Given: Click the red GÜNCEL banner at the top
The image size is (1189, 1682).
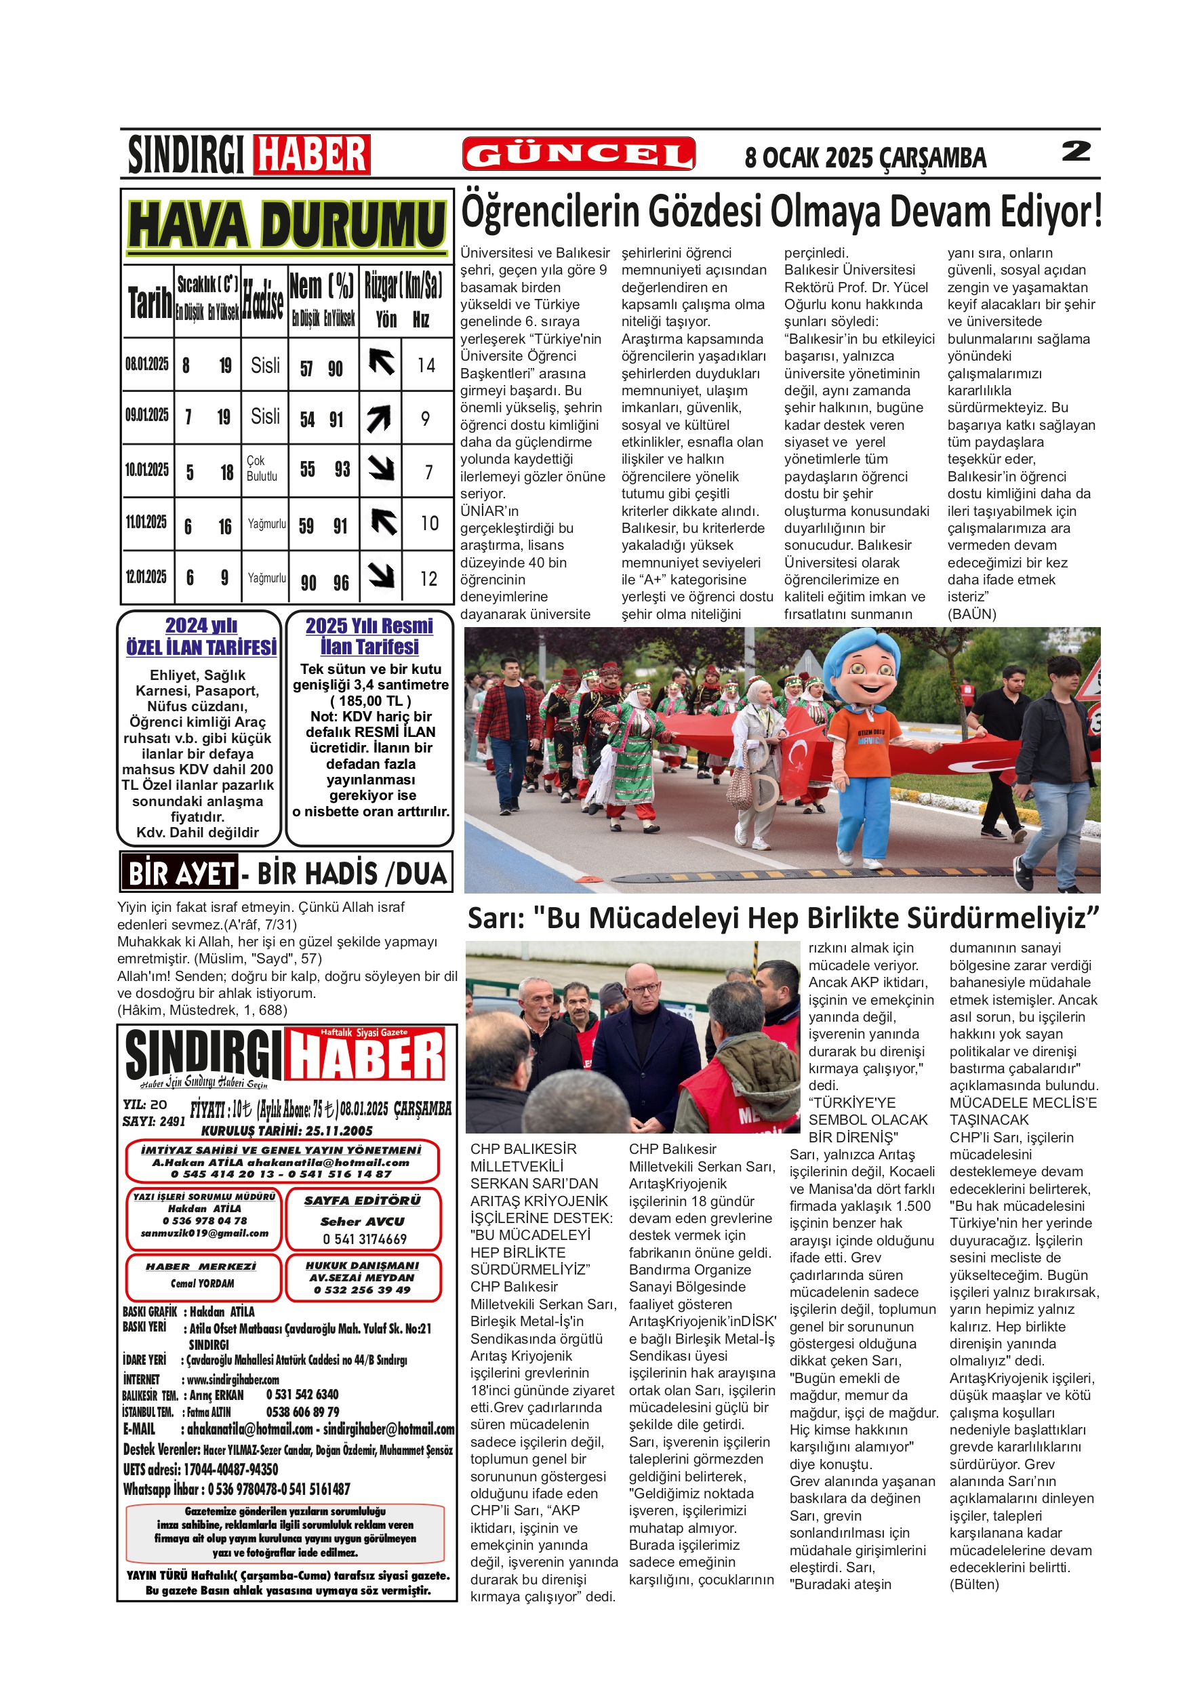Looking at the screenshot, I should (x=578, y=154).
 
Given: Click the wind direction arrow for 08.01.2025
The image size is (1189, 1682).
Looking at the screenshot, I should (x=381, y=363).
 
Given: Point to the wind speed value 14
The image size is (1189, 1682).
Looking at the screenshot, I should (x=426, y=365).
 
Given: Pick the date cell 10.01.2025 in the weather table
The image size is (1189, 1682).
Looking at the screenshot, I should (x=147, y=470).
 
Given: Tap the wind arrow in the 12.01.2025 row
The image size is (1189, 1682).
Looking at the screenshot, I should (x=381, y=575).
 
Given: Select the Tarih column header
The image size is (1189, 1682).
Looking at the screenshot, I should (x=149, y=302).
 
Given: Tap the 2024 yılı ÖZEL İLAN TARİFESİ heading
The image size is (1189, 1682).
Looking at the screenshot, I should (x=201, y=636).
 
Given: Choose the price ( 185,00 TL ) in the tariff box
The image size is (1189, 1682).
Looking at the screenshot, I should (x=371, y=700).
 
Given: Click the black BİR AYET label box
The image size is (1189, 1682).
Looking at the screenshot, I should (x=180, y=873).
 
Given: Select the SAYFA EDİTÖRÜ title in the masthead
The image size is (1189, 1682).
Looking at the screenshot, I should (x=363, y=1201).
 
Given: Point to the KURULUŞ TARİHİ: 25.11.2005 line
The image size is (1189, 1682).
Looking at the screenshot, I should (x=287, y=1130).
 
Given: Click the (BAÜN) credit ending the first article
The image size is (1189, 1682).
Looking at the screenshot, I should (x=972, y=614).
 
